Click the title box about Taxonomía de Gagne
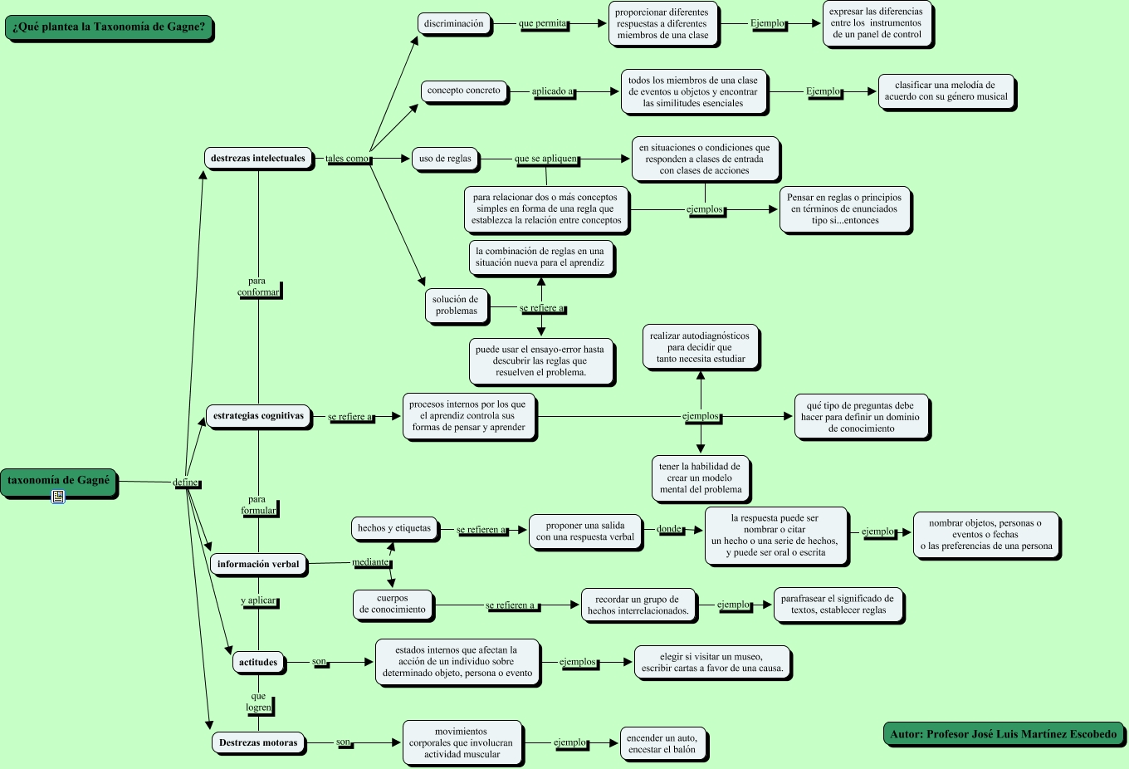tap(109, 27)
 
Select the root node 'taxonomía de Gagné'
tap(59, 481)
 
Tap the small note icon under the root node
tap(58, 497)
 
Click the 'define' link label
tap(185, 482)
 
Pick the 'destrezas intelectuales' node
tap(258, 158)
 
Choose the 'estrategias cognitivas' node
tap(258, 416)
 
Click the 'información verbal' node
tap(258, 565)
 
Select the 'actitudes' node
tap(258, 662)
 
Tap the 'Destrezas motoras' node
tap(258, 742)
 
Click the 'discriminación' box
tap(453, 24)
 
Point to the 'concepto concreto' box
tap(464, 91)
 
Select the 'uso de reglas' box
tap(445, 159)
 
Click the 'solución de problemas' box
tap(456, 305)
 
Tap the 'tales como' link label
tap(347, 159)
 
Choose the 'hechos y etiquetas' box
tap(394, 528)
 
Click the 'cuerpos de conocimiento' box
tap(393, 604)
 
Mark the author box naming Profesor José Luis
tap(1003, 734)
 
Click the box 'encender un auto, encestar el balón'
tap(662, 743)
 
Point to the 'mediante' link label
tap(370, 562)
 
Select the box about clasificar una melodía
tap(946, 91)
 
